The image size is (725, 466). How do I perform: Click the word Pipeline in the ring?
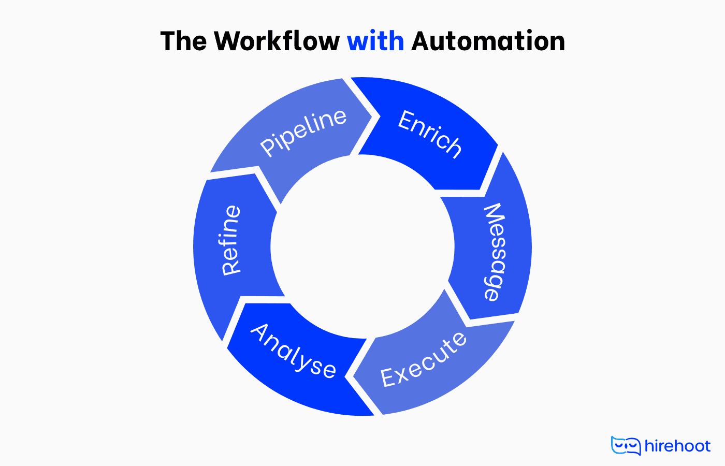coord(303,132)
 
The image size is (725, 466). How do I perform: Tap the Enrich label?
coord(429,134)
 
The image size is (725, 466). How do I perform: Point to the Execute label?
coord(424,359)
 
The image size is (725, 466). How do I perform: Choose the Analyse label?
coord(293,351)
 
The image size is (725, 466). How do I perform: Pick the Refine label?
coord(231,240)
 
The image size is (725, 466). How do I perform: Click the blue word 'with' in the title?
coord(375,41)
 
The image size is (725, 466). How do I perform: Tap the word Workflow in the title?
coord(277,41)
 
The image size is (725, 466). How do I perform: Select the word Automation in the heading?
coord(488,41)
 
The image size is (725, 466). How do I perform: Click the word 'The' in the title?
coord(183,41)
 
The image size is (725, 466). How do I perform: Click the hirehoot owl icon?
coord(626,446)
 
